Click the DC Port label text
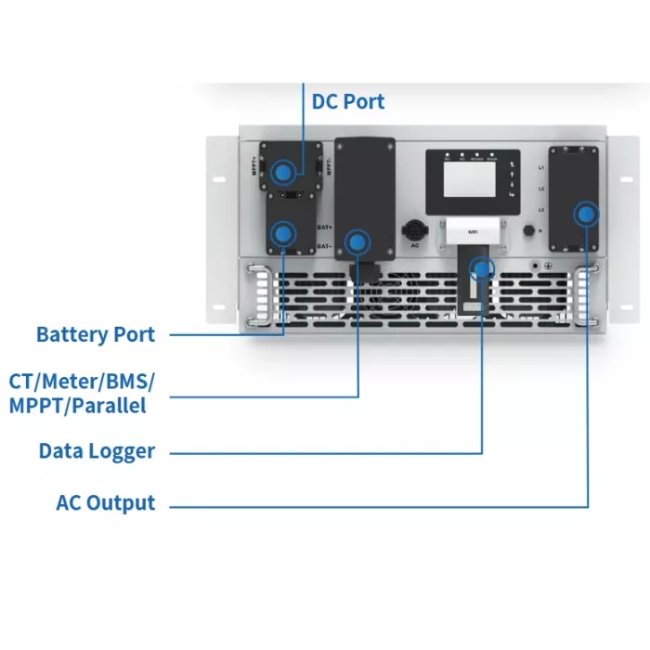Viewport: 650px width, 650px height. [347, 101]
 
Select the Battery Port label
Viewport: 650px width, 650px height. [96, 334]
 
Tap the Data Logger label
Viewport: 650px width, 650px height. [97, 451]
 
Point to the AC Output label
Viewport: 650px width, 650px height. [106, 503]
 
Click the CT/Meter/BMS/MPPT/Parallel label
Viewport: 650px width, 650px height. [83, 393]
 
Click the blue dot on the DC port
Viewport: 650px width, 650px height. [285, 172]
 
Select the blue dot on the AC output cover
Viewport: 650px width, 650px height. [585, 214]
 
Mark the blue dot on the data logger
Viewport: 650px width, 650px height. [480, 269]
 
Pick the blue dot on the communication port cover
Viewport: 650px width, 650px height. [357, 242]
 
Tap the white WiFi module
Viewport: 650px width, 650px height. [473, 232]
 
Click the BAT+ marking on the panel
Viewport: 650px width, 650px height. [324, 227]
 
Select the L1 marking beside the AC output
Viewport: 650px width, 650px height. [540, 168]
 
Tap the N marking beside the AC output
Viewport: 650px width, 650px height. [540, 229]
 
